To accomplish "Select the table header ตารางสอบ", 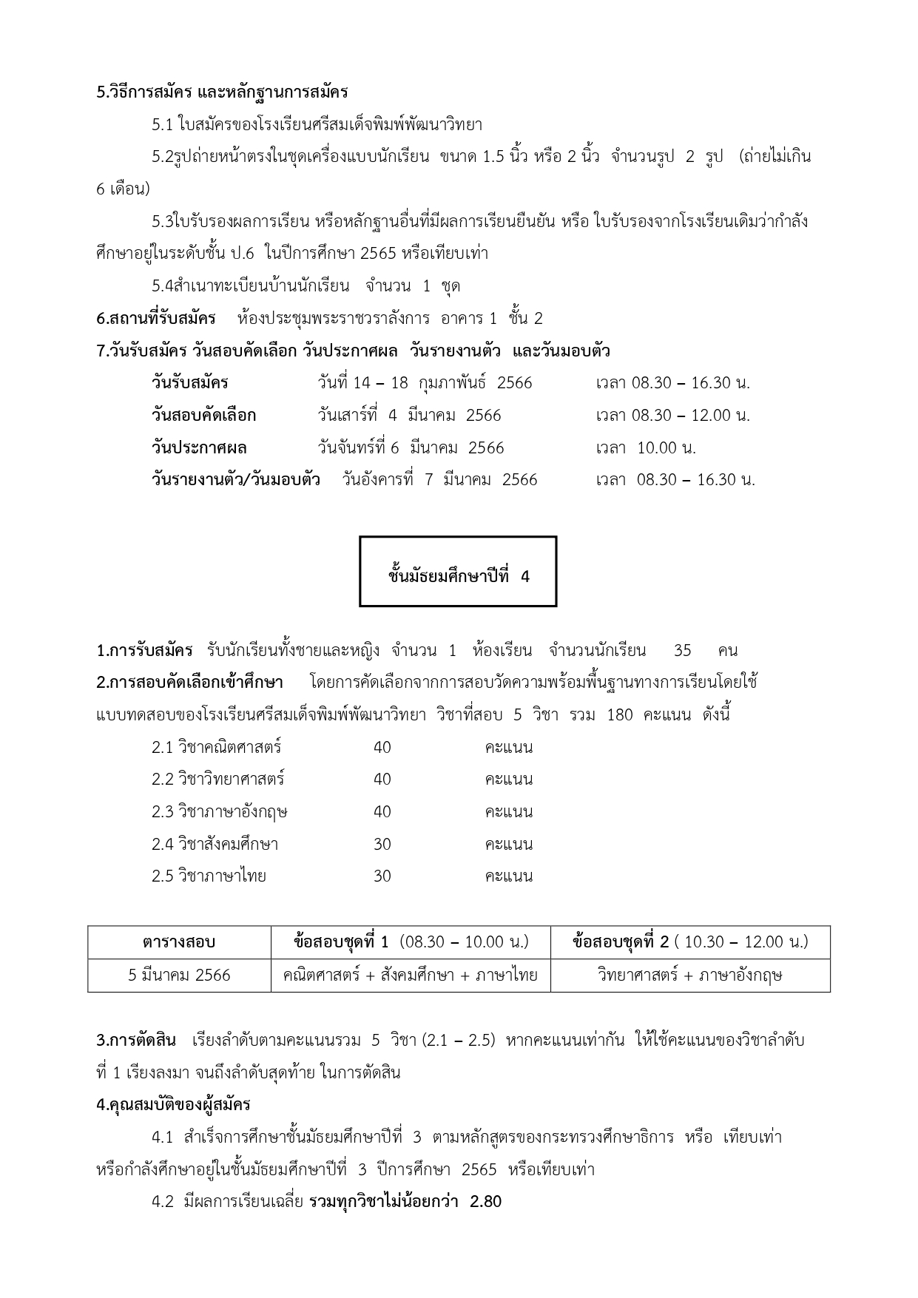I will click(179, 942).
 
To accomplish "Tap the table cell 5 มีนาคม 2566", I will click(179, 976).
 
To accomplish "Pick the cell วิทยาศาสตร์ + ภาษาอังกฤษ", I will click(689, 976).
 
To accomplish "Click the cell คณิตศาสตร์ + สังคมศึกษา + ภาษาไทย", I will click(411, 976).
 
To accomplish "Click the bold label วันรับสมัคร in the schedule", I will click(189, 383).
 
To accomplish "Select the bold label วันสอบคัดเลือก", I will click(203, 416).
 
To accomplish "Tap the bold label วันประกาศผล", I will click(199, 448).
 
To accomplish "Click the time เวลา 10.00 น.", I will click(646, 448).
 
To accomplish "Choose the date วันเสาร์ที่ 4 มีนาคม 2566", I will click(409, 416).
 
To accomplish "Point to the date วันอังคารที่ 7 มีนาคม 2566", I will click(439, 480).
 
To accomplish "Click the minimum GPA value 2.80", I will click(485, 1202).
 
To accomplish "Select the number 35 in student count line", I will click(682, 651).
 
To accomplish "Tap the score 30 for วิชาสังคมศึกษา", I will click(382, 844).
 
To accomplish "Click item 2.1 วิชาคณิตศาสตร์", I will click(216, 747).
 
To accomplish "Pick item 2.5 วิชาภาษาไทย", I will click(209, 876).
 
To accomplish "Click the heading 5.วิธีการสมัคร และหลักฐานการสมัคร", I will click(222, 92).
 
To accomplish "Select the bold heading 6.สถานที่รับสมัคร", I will click(156, 319).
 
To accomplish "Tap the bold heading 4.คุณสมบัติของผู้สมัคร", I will click(173, 1105).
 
